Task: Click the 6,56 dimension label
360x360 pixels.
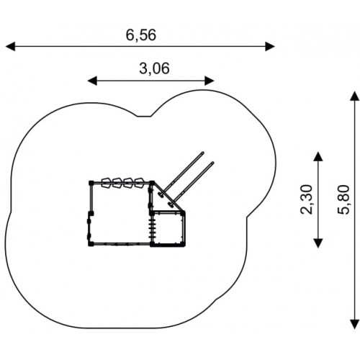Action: coord(141,35)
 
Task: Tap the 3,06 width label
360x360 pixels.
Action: coord(154,68)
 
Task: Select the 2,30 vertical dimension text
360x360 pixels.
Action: coord(307,199)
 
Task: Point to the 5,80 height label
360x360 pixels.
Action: coord(343,199)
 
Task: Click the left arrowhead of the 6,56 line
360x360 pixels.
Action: coord(10,46)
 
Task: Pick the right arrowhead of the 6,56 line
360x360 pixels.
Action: coord(270,46)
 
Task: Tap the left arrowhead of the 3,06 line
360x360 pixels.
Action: coord(92,81)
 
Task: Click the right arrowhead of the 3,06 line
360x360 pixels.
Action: coord(210,81)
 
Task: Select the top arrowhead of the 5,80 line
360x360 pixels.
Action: coord(355,96)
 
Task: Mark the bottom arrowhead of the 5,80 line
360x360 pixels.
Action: coord(355,324)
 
